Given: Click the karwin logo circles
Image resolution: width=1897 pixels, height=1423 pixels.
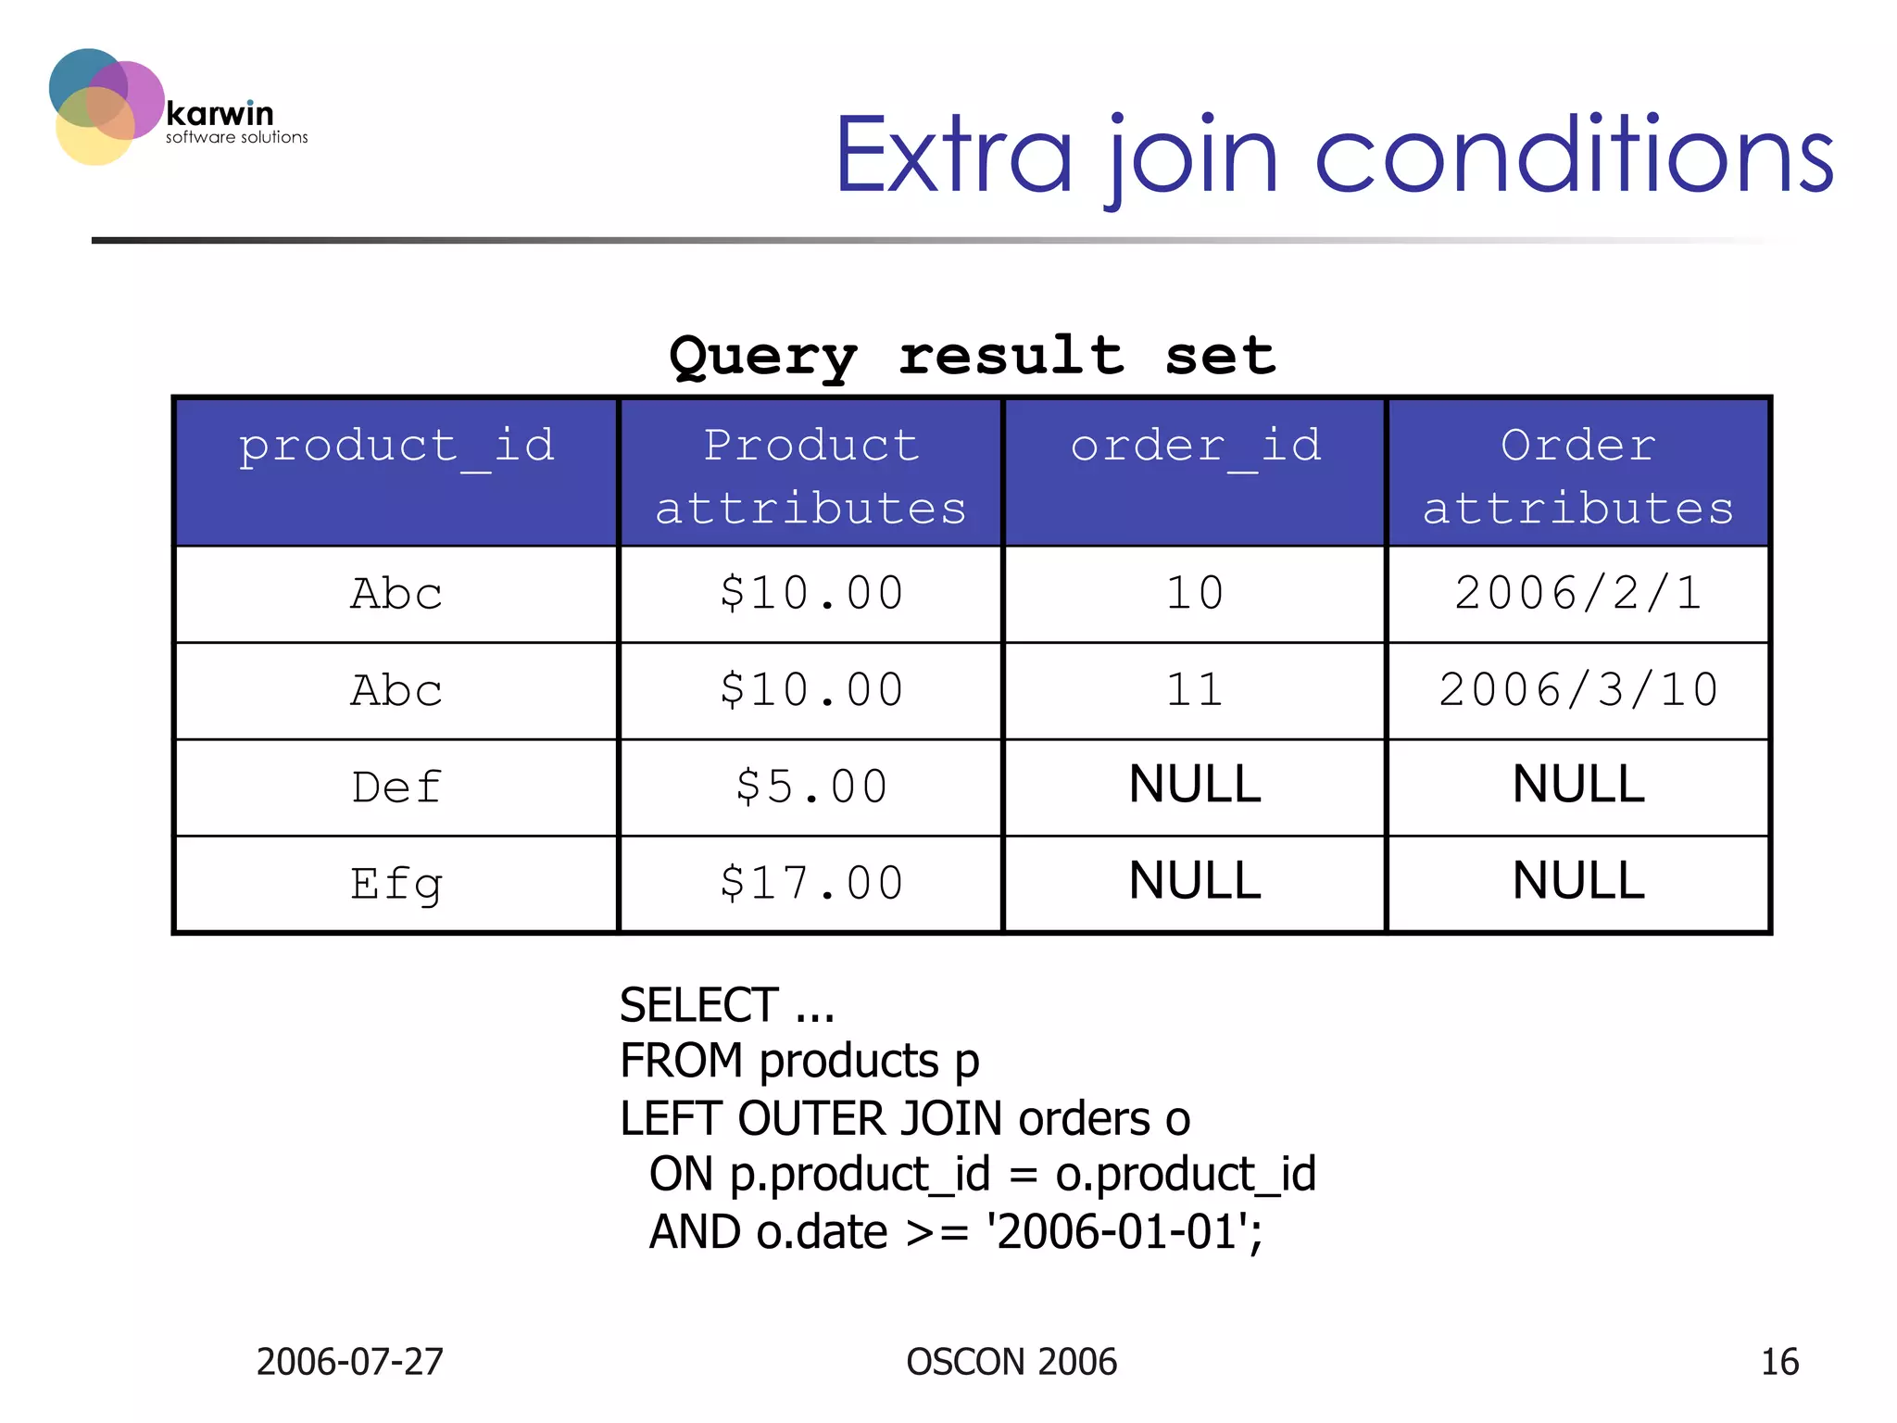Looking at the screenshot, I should point(104,106).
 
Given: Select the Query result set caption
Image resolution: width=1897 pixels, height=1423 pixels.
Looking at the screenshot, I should point(972,356).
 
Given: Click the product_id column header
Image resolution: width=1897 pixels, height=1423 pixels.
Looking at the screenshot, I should point(396,447).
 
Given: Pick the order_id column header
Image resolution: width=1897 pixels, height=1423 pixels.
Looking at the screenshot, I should point(1195,447).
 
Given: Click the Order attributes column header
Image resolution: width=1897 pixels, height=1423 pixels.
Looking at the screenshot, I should point(1577,476).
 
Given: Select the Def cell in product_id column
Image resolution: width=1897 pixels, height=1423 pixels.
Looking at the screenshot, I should point(396,787).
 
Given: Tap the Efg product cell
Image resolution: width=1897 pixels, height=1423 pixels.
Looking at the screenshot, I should point(396,884).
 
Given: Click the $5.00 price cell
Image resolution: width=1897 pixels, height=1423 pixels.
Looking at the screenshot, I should point(811,787).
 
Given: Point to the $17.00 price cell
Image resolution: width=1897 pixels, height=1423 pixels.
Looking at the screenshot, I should point(811,884).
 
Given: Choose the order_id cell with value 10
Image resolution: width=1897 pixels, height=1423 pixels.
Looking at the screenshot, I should point(1195,594).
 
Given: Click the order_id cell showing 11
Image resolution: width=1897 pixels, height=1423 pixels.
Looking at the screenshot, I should point(1195,691).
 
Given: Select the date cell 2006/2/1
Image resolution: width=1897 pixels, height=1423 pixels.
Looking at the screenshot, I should point(1577,594).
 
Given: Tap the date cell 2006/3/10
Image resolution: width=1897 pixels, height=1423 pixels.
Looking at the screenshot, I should point(1577,691).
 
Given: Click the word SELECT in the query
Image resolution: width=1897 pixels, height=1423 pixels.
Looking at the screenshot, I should point(699,1006).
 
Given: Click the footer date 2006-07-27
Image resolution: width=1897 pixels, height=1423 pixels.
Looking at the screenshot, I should point(350,1362).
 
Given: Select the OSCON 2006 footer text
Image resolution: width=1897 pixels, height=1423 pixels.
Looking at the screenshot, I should point(1011,1362).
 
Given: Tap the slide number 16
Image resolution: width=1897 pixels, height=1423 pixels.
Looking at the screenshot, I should point(1779,1362).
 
